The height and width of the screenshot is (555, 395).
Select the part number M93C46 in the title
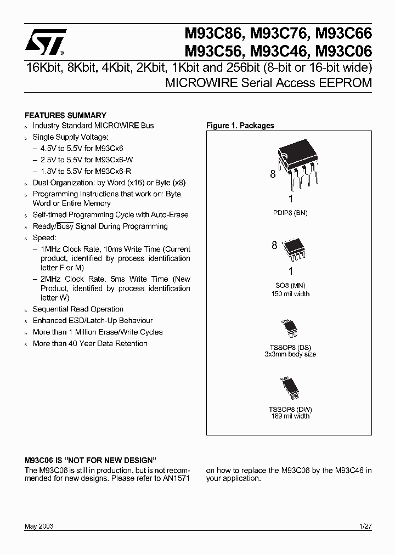coord(279,52)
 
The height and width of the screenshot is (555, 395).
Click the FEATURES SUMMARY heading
coord(66,115)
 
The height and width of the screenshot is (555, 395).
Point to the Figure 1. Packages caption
coord(240,126)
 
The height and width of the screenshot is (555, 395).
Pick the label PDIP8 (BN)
coord(290,212)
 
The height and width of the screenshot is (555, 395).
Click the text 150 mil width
coord(290,294)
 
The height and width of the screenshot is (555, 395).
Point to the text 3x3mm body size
coord(290,354)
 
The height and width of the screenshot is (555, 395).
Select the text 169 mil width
coord(290,416)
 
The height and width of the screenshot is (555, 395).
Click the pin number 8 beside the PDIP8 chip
coord(272,174)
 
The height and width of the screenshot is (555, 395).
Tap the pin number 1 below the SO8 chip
coord(290,271)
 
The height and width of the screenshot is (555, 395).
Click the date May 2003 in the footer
coord(39,526)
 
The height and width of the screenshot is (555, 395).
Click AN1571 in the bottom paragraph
coord(177,478)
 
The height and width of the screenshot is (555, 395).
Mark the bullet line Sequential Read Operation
coord(78,309)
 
